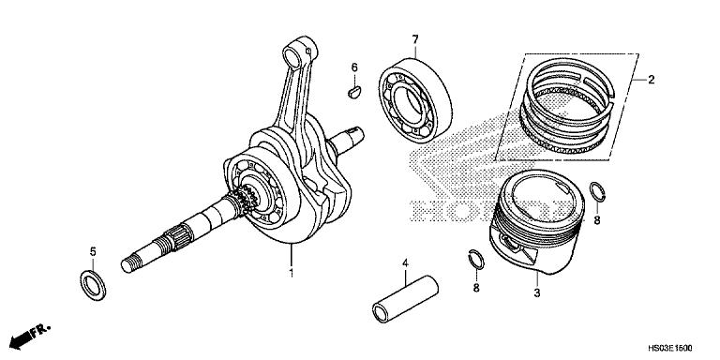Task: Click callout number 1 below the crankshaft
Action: point(291,274)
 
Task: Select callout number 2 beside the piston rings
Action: point(650,81)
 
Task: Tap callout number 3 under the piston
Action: point(536,293)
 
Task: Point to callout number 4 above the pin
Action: point(405,264)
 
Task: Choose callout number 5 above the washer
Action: point(92,250)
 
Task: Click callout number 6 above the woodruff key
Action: point(355,67)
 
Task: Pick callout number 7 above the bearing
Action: point(412,38)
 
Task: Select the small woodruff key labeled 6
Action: point(354,92)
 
